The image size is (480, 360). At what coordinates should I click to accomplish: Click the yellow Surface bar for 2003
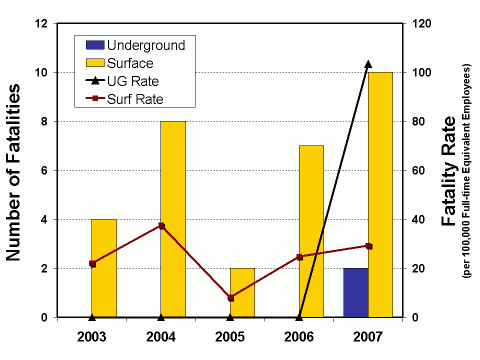pos(104,268)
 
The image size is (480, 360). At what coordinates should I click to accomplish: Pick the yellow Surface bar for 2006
pos(311,231)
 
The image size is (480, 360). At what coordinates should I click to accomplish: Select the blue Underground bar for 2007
pos(355,292)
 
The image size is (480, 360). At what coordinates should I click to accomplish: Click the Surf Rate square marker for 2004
pos(161,226)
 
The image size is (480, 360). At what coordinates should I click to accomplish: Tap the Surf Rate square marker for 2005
pos(230,298)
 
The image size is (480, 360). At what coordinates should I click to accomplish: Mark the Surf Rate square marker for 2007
pos(368,246)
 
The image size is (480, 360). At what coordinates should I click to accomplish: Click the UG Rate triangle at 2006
pos(299,317)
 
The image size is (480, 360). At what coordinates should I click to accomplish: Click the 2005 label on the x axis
pos(230,335)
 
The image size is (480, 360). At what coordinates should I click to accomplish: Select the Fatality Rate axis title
pos(451,170)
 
